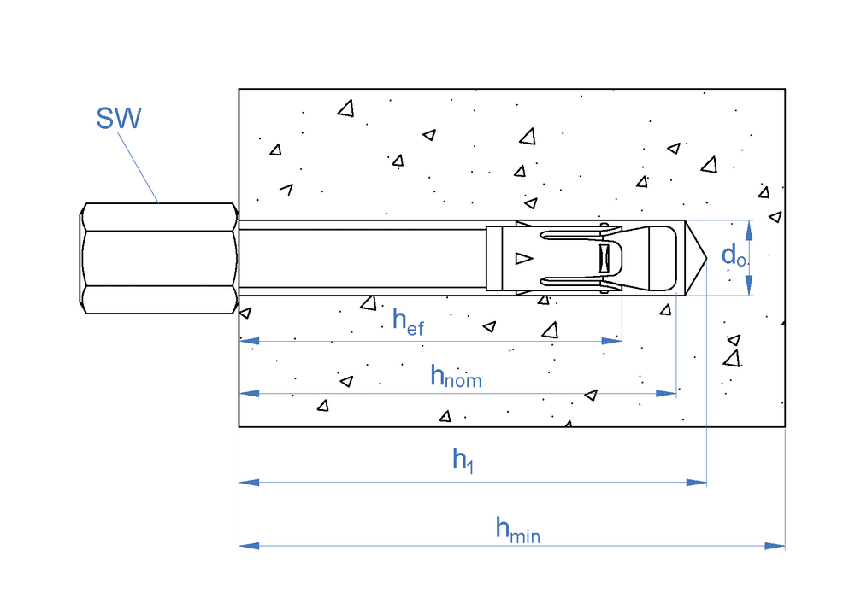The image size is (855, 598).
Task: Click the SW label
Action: pyautogui.click(x=118, y=118)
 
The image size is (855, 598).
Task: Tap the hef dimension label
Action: pyautogui.click(x=407, y=320)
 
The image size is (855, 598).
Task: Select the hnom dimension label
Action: pyautogui.click(x=455, y=376)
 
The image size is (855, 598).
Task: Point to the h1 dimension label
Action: pyautogui.click(x=463, y=461)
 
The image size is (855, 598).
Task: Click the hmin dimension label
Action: pyautogui.click(x=517, y=531)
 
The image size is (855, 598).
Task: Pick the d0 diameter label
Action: pyautogui.click(x=733, y=255)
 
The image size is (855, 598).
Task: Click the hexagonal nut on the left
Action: pyautogui.click(x=159, y=258)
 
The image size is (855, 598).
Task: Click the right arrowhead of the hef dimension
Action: pyautogui.click(x=612, y=341)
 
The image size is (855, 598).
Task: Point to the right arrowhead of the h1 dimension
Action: pyautogui.click(x=697, y=483)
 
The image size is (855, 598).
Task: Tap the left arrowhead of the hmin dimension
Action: pyautogui.click(x=249, y=545)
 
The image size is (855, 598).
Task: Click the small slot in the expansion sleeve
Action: pyautogui.click(x=604, y=258)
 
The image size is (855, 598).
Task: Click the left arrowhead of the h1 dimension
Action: pyautogui.click(x=249, y=483)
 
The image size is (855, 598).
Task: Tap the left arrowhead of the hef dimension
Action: pyautogui.click(x=249, y=341)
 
